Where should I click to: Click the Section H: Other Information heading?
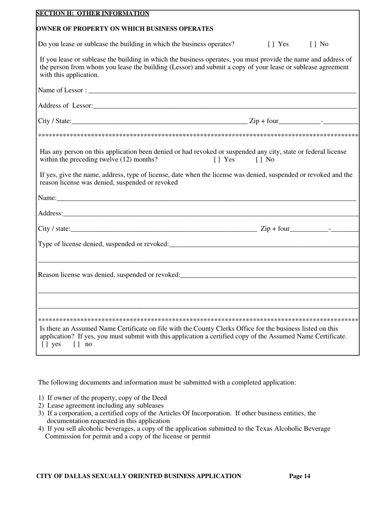tap(93, 14)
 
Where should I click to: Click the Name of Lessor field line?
tap(222, 90)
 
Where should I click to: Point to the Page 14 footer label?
tap(300, 476)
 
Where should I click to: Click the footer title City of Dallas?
tap(139, 476)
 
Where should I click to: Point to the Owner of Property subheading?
tap(125, 29)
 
